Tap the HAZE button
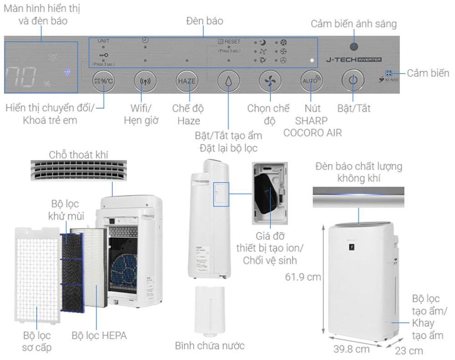pyautogui.click(x=187, y=81)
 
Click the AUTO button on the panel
pyautogui.click(x=310, y=81)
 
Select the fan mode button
pyautogui.click(x=269, y=81)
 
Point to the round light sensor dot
pyautogui.click(x=354, y=46)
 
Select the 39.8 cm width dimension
pyautogui.click(x=351, y=349)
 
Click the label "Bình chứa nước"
pyautogui.click(x=210, y=345)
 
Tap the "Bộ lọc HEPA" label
pyautogui.click(x=99, y=336)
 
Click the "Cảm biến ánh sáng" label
pyautogui.click(x=354, y=24)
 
